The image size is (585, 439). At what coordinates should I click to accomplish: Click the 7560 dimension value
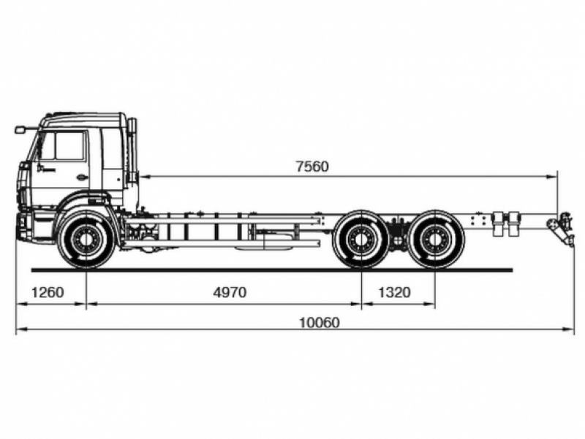coord(312,167)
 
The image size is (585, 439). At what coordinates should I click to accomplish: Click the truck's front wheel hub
coord(86,238)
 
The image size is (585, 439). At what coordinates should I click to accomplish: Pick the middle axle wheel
coord(361,238)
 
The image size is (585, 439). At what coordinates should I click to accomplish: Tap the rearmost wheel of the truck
coord(436,238)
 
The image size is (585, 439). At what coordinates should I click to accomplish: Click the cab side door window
coord(70,146)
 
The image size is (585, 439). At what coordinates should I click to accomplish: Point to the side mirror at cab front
coord(20,130)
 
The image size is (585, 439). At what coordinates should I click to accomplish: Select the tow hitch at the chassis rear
coord(562,228)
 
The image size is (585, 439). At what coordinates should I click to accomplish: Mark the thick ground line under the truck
coord(292,270)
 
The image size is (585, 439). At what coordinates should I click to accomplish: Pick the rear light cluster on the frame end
coord(505,223)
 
